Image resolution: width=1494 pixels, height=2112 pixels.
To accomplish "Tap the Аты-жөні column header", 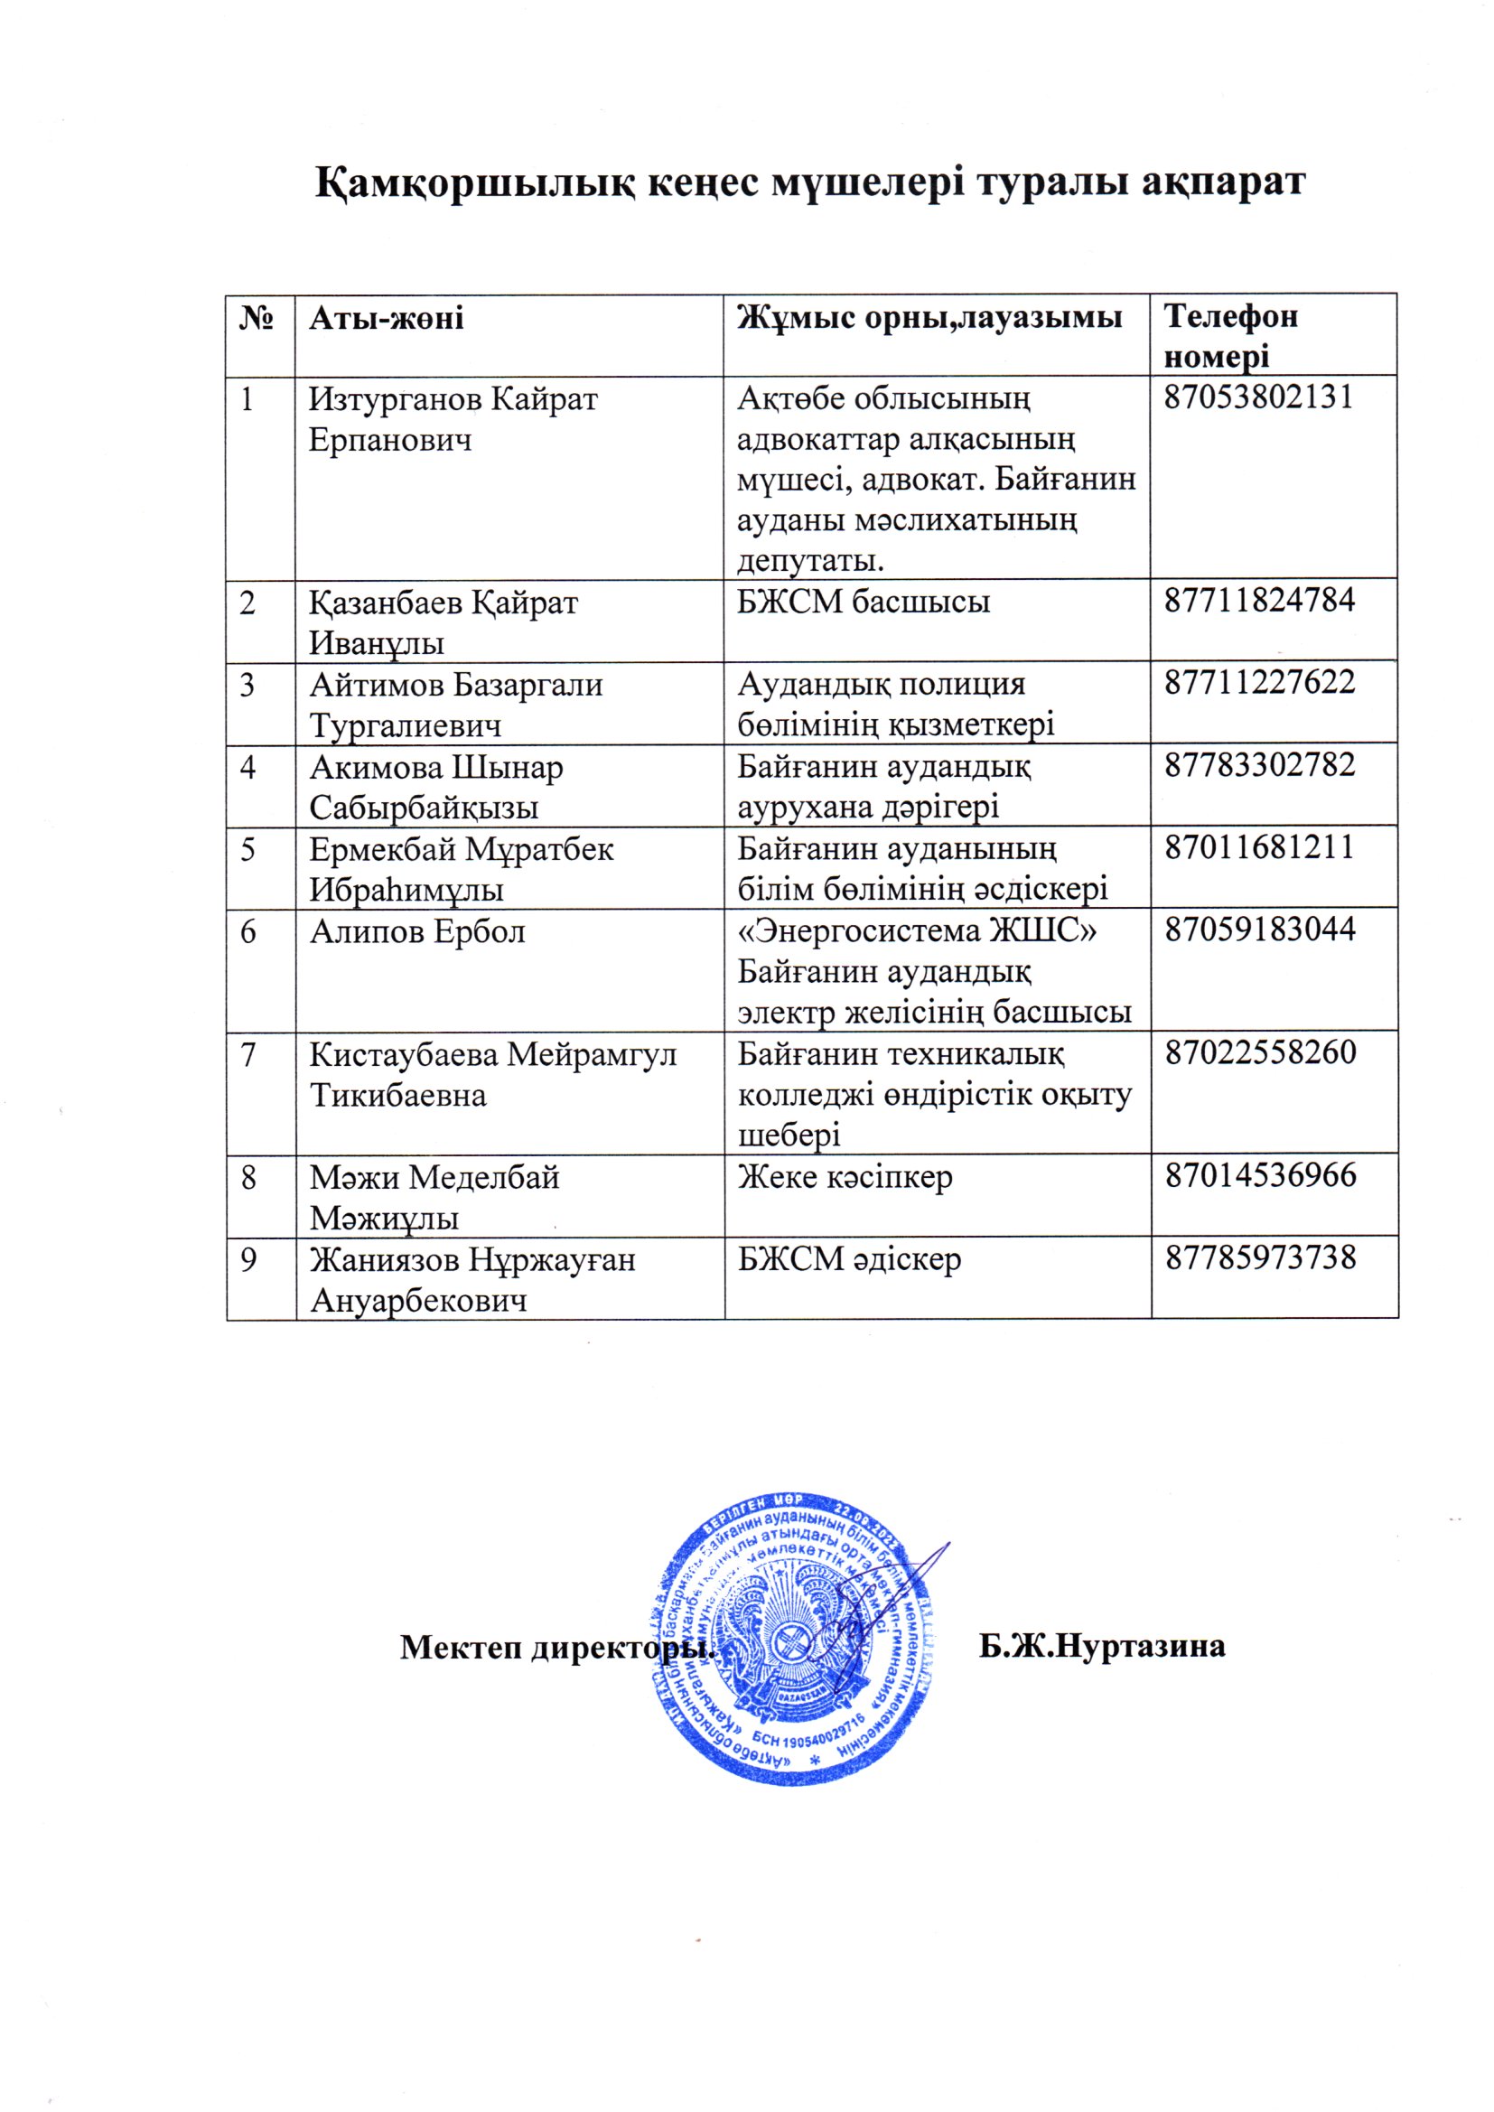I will tap(387, 318).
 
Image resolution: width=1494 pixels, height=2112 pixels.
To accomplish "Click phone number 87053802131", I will tap(1258, 397).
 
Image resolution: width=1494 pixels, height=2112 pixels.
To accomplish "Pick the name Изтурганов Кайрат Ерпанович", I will tap(453, 419).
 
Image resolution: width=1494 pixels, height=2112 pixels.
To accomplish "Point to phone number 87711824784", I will tap(1259, 601).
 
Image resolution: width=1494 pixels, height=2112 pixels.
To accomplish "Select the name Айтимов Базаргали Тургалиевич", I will tap(455, 706).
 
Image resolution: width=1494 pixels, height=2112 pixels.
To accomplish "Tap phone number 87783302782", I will tap(1259, 765).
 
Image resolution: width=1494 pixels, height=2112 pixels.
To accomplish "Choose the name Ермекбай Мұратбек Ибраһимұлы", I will tap(461, 869).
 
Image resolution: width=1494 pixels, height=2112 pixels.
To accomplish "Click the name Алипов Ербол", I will tap(416, 932).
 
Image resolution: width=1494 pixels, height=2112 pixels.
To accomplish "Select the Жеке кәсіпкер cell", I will tap(845, 1177).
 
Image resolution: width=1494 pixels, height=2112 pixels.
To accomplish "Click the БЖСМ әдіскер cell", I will tap(849, 1259).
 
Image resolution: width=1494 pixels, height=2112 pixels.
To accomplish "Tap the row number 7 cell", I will tap(248, 1055).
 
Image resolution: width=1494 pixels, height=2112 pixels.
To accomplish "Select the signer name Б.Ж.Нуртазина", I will tap(1101, 1646).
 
